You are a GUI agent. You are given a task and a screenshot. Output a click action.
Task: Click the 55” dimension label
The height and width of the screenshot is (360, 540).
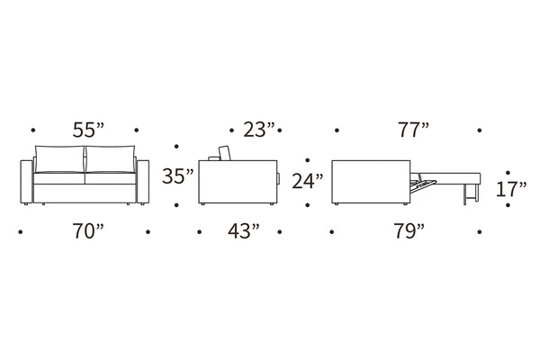(88, 130)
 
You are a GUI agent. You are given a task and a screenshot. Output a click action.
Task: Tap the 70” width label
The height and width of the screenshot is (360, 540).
(88, 231)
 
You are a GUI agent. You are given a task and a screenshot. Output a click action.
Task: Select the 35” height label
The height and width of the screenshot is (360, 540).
(178, 176)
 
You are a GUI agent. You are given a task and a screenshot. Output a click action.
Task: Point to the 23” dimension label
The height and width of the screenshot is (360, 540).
(259, 130)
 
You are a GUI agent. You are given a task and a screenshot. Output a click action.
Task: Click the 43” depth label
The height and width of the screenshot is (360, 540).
(244, 231)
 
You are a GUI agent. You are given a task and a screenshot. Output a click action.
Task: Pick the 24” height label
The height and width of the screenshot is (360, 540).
(308, 181)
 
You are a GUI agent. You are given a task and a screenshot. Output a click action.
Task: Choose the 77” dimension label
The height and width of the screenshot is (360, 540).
(414, 130)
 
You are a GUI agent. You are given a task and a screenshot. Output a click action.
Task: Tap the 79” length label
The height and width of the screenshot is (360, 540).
(409, 231)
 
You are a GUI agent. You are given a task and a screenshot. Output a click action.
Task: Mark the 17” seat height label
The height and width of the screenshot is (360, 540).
(511, 189)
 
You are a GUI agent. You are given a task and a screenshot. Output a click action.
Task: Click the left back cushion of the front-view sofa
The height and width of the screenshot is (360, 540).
(59, 158)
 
